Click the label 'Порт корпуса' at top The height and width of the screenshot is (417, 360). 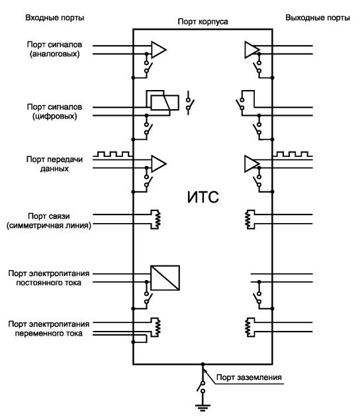pyautogui.click(x=202, y=21)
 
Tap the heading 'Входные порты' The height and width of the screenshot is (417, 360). pyautogui.click(x=55, y=18)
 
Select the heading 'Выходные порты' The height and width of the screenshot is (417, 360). pyautogui.click(x=318, y=18)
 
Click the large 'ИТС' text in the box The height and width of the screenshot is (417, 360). pyautogui.click(x=203, y=197)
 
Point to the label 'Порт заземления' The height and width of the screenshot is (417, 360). pyautogui.click(x=249, y=377)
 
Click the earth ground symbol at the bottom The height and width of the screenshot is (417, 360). pyautogui.click(x=202, y=407)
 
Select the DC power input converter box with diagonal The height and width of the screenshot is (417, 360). pyautogui.click(x=165, y=277)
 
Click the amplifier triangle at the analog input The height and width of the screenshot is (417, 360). pyautogui.click(x=159, y=50)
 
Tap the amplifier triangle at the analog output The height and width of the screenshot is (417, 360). pyautogui.click(x=252, y=50)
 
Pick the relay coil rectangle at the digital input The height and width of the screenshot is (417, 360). pyautogui.click(x=165, y=103)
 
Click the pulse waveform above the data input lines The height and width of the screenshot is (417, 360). pyautogui.click(x=114, y=154)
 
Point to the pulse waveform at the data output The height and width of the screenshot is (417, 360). pyautogui.click(x=292, y=154)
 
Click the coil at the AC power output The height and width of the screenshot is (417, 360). pyautogui.click(x=248, y=328)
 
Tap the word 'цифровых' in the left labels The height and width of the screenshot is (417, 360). pyautogui.click(x=55, y=116)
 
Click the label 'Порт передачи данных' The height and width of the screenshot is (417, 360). pyautogui.click(x=54, y=164)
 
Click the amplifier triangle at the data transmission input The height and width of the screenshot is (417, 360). pyautogui.click(x=159, y=164)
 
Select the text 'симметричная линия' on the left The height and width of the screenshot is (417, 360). pyautogui.click(x=49, y=226)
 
